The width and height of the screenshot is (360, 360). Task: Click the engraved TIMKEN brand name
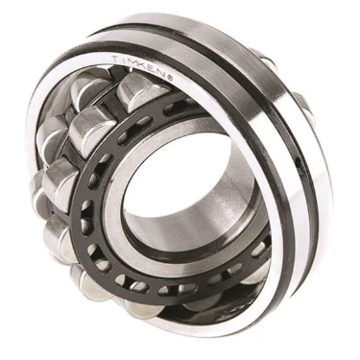pos(145,66)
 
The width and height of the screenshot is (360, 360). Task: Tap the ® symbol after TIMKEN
pos(170,77)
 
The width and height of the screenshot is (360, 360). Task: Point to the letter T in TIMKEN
pos(122,59)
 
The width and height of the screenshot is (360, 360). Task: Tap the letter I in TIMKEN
pos(129,60)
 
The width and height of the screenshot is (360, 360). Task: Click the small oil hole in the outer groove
pos(300,164)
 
